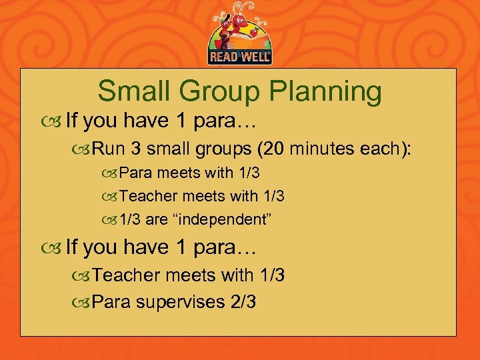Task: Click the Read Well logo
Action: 241,33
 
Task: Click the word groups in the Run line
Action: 221,147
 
